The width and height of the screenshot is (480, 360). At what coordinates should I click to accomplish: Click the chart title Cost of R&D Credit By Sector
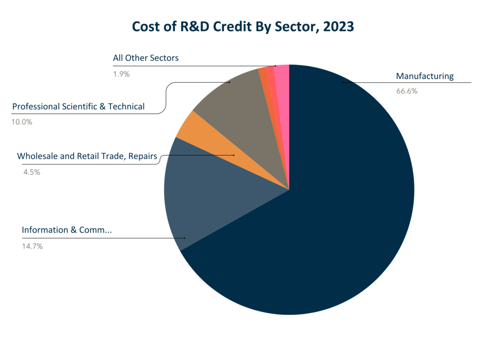(242, 26)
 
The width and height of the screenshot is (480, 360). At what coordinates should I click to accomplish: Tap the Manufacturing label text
(425, 76)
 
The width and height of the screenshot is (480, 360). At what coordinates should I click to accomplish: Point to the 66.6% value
(406, 91)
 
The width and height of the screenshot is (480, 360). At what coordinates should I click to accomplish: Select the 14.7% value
(32, 246)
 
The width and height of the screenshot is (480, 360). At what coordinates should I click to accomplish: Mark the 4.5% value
(31, 172)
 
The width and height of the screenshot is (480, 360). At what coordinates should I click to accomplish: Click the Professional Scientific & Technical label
(78, 106)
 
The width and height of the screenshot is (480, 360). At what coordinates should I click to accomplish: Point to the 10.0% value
(22, 122)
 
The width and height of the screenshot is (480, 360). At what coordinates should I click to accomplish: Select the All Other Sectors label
(146, 58)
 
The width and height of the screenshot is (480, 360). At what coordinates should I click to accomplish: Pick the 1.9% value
(121, 74)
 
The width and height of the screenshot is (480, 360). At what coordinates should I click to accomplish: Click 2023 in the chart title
(337, 26)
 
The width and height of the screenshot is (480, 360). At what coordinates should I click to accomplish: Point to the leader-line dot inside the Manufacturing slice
(343, 82)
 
